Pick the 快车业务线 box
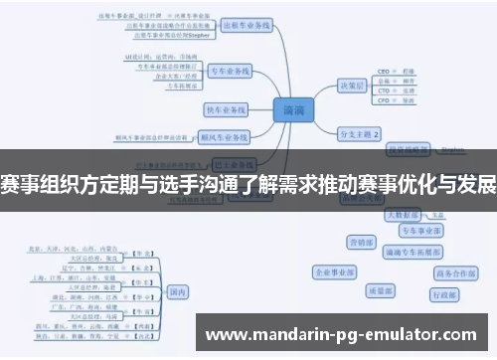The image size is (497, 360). [225, 108]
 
